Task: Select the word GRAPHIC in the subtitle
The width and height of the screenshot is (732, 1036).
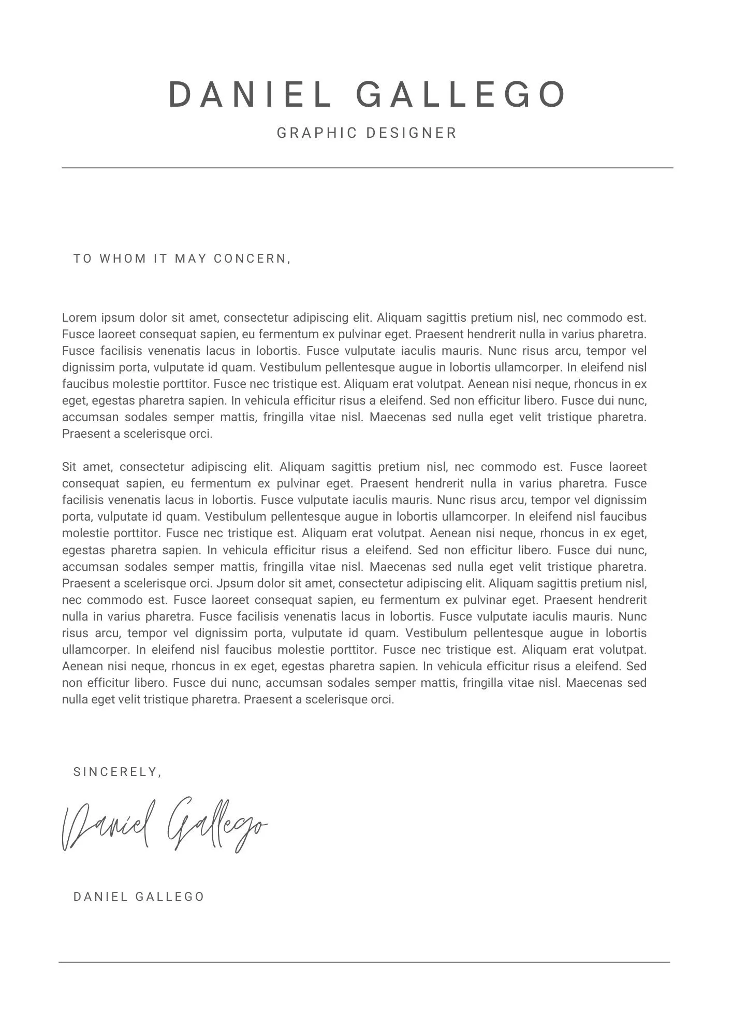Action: click(x=317, y=133)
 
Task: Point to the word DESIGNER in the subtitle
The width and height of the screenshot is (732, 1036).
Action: click(x=411, y=133)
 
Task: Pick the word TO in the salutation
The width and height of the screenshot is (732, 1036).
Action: click(x=82, y=258)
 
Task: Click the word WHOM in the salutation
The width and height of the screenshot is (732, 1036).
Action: click(x=123, y=258)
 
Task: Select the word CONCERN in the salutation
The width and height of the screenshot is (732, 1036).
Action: click(x=251, y=258)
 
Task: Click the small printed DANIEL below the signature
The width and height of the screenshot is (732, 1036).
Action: click(x=100, y=897)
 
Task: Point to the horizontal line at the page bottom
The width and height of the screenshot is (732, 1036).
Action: click(x=364, y=962)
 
